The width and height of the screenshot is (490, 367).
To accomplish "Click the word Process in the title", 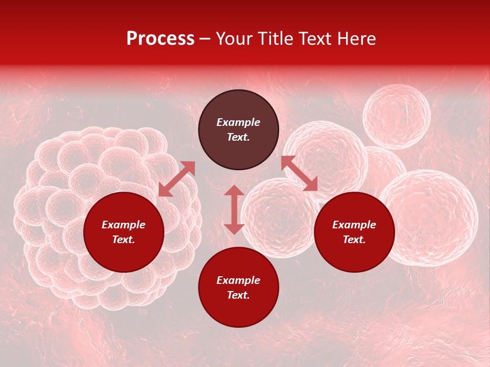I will tap(160, 39).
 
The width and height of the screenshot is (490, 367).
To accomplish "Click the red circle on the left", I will tap(124, 232).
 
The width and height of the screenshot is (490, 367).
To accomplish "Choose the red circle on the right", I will tap(354, 232).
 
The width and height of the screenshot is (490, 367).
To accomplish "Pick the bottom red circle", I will tap(238, 287).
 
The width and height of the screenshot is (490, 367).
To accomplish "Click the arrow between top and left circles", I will tap(177, 178).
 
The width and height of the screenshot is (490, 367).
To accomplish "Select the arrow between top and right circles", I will tap(300, 173).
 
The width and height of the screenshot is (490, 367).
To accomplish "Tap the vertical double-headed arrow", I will tap(234, 209).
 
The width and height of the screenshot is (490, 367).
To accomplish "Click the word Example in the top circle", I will tap(238, 122).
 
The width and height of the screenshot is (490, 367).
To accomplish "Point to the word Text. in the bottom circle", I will tap(238, 295).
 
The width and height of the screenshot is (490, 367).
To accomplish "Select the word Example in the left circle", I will tap(124, 225).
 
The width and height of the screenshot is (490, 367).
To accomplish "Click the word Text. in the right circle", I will tap(354, 240).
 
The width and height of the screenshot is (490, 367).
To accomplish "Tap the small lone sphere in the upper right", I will tap(397, 116).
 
